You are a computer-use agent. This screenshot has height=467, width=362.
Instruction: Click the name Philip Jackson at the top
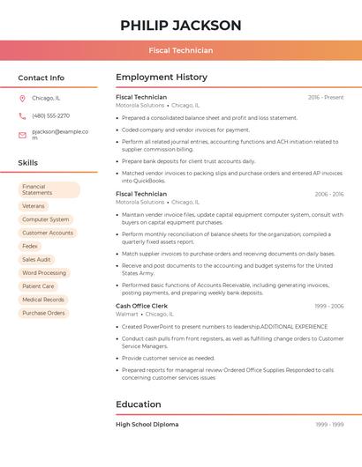(x=180, y=25)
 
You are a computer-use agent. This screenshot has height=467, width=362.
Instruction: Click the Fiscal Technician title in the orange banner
(x=180, y=50)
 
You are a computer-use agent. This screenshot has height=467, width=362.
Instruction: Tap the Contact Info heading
(x=41, y=78)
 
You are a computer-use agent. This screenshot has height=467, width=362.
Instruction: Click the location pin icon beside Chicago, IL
(x=22, y=98)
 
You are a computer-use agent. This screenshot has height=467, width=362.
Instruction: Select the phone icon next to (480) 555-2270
(x=22, y=115)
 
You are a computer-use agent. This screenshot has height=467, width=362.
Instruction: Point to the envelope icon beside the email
(x=22, y=135)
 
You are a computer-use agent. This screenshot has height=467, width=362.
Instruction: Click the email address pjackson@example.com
(x=60, y=134)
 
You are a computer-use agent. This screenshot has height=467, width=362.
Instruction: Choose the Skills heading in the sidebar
(x=27, y=163)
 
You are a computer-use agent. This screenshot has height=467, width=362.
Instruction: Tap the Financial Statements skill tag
(x=49, y=189)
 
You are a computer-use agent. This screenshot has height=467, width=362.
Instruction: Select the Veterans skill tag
(x=33, y=206)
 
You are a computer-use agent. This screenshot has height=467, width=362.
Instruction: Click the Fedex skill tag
(x=30, y=246)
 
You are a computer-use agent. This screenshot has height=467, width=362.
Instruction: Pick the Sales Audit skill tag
(x=36, y=260)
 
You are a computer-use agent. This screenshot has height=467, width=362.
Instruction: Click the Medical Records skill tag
(x=43, y=300)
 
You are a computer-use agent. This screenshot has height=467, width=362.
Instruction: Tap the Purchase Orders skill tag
(x=43, y=313)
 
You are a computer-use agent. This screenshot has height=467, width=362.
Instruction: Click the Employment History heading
(x=162, y=78)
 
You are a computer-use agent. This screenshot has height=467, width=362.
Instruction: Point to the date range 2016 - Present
(x=325, y=97)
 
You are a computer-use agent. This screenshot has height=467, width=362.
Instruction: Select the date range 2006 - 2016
(x=328, y=194)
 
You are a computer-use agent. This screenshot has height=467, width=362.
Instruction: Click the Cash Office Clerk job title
(x=142, y=306)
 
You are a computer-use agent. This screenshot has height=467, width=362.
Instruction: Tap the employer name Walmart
(x=127, y=314)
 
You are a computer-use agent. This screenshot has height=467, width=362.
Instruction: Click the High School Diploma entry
(x=147, y=425)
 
